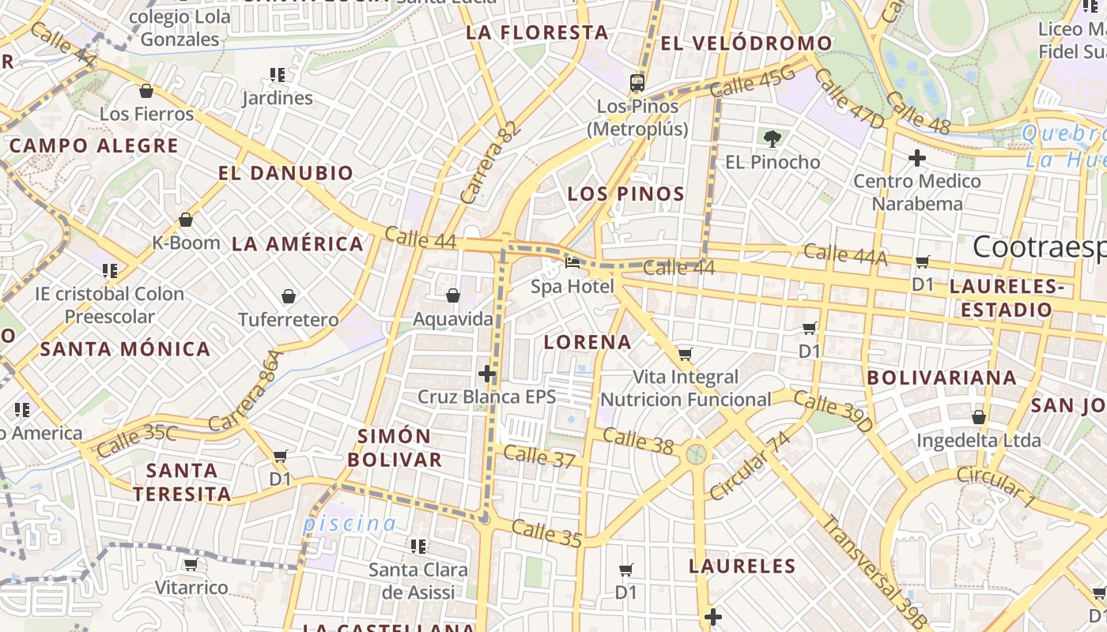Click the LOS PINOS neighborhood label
click(x=625, y=194)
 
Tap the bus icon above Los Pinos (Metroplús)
click(x=637, y=82)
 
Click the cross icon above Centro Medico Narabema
click(x=917, y=158)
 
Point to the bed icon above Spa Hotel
click(x=572, y=262)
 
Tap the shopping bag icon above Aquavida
click(x=453, y=295)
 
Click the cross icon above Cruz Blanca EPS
click(x=488, y=373)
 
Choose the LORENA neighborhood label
click(x=588, y=342)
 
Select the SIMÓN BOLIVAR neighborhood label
click(x=395, y=448)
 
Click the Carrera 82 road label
click(x=490, y=164)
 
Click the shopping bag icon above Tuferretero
click(x=289, y=296)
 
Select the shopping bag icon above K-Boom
click(x=186, y=219)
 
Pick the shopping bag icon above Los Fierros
click(x=146, y=91)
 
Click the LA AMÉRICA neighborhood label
click(x=297, y=244)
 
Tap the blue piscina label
click(x=349, y=523)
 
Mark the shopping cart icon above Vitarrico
click(x=191, y=564)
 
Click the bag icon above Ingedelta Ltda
click(x=979, y=416)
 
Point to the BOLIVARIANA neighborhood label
click(x=941, y=378)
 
